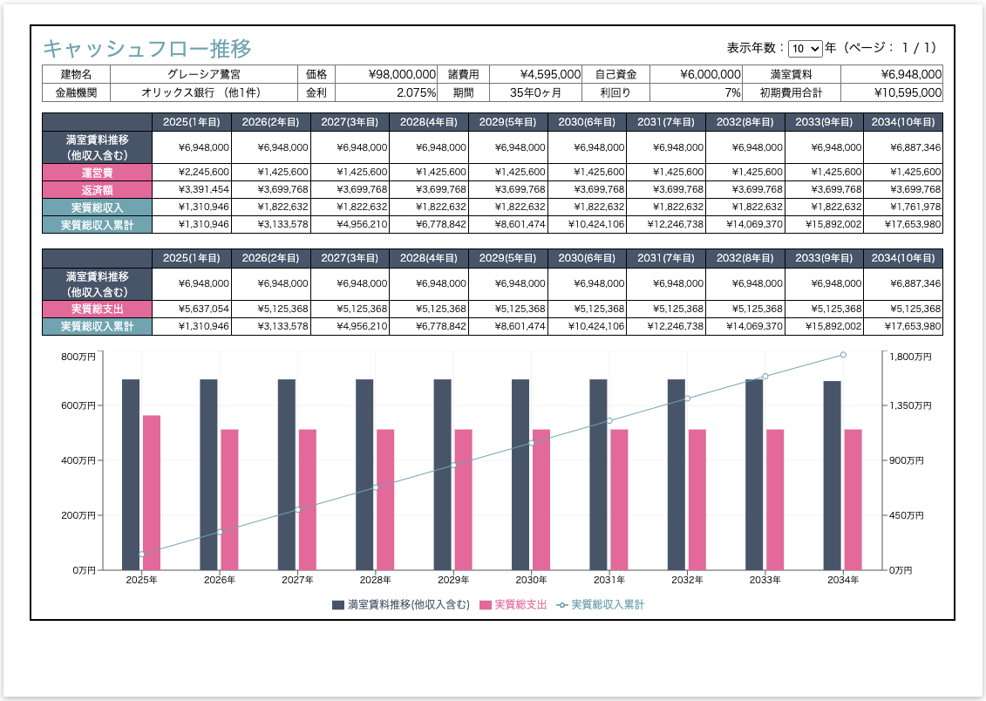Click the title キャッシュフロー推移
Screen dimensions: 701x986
click(x=147, y=48)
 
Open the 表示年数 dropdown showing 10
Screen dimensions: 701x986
click(x=804, y=49)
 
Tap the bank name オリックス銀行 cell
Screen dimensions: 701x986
click(x=201, y=92)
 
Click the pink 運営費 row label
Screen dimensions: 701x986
click(x=97, y=173)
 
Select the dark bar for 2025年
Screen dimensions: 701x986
click(x=131, y=474)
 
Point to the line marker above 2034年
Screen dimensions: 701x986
click(x=843, y=355)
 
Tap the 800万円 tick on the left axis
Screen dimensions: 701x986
click(x=78, y=356)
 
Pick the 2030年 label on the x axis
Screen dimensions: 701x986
click(x=531, y=580)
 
